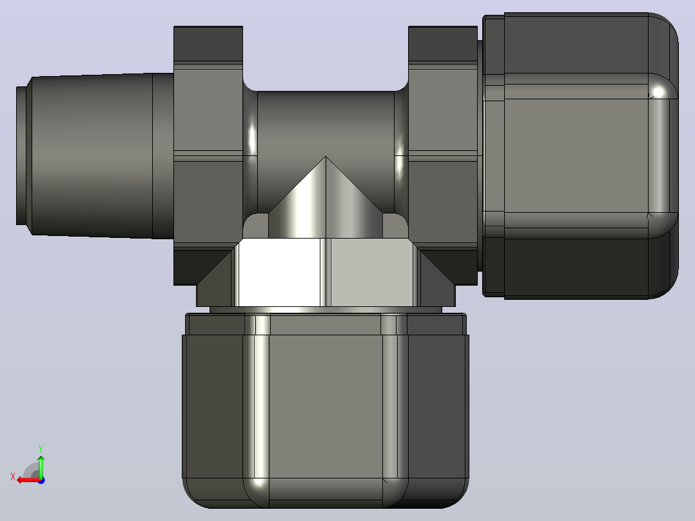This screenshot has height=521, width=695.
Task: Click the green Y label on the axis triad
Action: (41, 448)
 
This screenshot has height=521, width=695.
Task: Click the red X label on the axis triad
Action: (13, 477)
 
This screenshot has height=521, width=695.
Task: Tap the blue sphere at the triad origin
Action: (41, 480)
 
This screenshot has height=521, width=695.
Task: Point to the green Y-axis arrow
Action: (41, 466)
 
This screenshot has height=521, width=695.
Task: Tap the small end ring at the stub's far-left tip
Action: (21, 155)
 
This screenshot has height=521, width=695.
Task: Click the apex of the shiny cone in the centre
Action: (326, 157)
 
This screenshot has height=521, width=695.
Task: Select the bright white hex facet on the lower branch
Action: (279, 272)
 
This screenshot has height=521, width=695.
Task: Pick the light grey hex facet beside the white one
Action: (372, 272)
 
